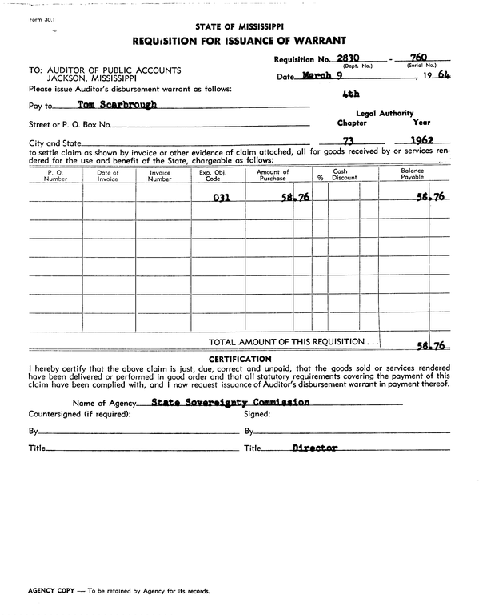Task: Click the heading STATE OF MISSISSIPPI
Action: tap(239, 26)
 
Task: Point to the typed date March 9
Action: tap(323, 77)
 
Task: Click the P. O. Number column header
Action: tap(56, 175)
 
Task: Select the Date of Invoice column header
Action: tap(108, 175)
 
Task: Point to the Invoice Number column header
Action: tap(160, 175)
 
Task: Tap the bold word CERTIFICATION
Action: tap(239, 358)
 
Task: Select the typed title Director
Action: tap(314, 448)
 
